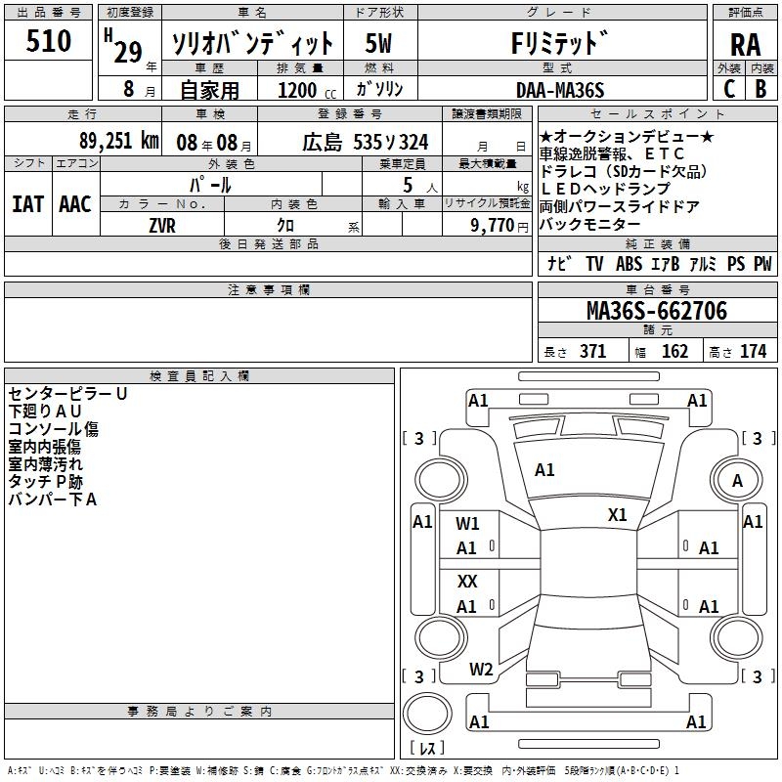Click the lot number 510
click(50, 42)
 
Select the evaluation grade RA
click(745, 45)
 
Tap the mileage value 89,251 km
click(118, 141)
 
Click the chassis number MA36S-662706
click(656, 311)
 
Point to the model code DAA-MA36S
click(560, 89)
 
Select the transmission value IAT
click(27, 203)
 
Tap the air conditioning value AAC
click(74, 203)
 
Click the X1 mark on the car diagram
click(618, 515)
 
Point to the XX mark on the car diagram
click(467, 581)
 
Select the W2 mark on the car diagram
click(481, 670)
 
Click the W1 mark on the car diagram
click(468, 523)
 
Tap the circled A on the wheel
click(737, 481)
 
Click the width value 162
click(674, 352)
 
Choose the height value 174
click(753, 352)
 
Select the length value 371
click(592, 352)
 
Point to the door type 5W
click(379, 44)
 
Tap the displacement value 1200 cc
click(300, 91)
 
